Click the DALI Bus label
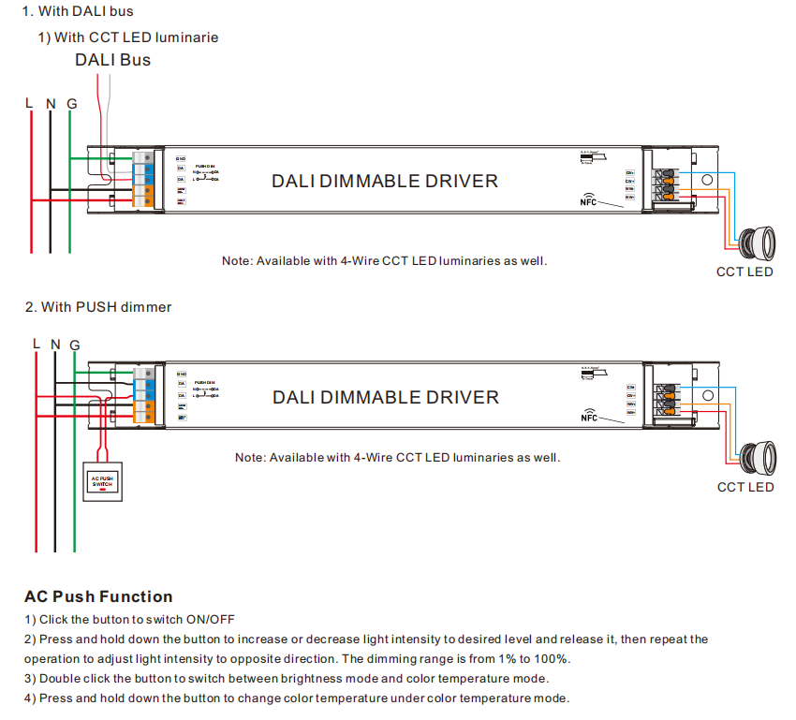tap(112, 60)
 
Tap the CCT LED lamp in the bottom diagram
tap(756, 458)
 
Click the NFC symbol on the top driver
tap(588, 200)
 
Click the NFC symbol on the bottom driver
tap(588, 415)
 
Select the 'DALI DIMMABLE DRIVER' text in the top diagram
tap(385, 181)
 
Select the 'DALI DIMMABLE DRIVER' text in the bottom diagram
tap(386, 397)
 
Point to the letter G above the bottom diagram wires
tap(75, 345)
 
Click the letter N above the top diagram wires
tap(51, 103)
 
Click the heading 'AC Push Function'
tap(98, 596)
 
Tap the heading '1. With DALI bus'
tap(78, 12)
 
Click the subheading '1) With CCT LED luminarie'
tap(127, 37)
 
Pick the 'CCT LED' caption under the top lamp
tap(744, 272)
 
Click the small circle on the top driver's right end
tap(708, 180)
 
